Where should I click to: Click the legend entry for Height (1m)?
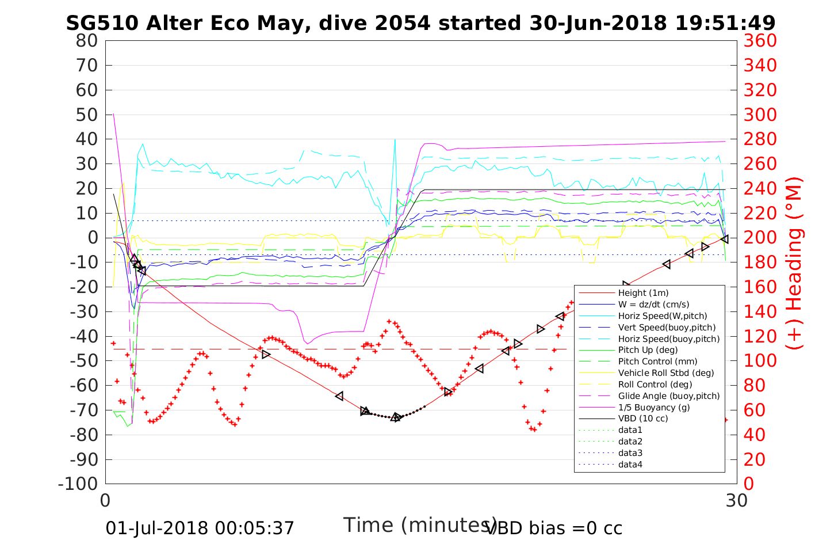click(643, 293)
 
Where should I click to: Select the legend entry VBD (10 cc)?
click(643, 419)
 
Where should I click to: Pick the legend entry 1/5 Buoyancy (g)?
click(654, 407)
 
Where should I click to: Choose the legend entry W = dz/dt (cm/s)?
click(653, 305)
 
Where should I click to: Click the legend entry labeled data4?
click(630, 464)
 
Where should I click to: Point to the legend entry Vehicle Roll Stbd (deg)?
click(666, 373)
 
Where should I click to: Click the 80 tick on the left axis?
click(87, 41)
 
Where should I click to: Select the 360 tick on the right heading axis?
click(760, 41)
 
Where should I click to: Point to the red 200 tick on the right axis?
click(760, 238)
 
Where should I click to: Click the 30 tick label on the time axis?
click(736, 500)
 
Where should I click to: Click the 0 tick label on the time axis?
click(106, 500)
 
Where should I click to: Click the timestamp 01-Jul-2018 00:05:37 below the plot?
click(200, 528)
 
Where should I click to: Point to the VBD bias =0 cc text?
click(554, 528)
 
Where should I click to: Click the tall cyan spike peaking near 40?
click(395, 140)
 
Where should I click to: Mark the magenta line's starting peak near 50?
click(113, 114)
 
